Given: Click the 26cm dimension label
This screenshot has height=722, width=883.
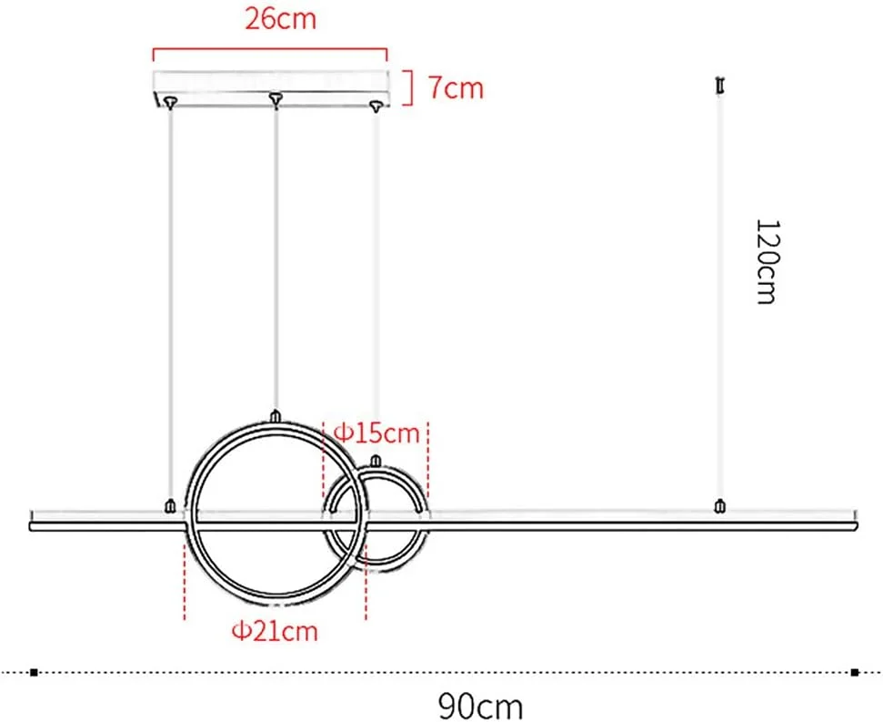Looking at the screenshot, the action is coord(280,19).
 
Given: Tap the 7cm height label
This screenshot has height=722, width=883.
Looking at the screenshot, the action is coord(456,88).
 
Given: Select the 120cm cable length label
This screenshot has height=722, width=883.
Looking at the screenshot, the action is coord(768,262).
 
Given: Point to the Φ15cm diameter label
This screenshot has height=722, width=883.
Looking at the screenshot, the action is coord(376,433).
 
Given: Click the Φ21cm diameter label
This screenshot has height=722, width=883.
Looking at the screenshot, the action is coord(275,631).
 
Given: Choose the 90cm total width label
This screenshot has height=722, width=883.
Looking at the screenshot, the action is coord(480,705).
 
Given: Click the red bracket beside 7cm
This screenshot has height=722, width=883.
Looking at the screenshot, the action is coord(409,88).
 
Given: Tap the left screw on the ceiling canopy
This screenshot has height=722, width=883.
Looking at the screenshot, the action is coord(169,102).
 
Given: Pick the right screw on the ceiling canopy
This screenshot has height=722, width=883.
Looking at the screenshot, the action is coord(376,106).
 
